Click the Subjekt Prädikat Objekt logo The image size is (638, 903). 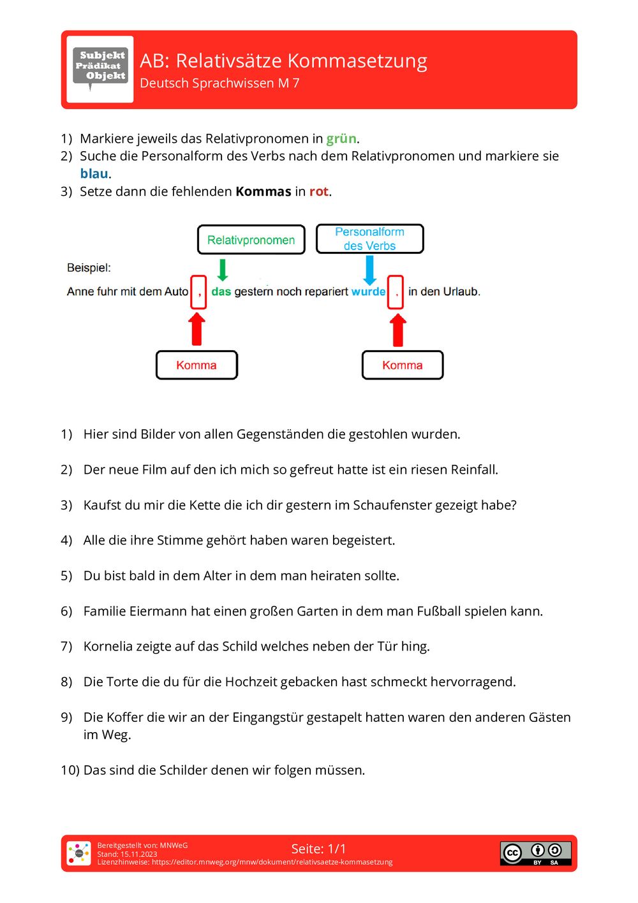[x=100, y=68]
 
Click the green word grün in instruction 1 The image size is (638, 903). [x=341, y=138]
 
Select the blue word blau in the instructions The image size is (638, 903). [x=94, y=173]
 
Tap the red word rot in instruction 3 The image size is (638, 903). [x=319, y=191]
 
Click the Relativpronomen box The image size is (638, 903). [x=251, y=240]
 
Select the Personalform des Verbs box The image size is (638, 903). [x=369, y=239]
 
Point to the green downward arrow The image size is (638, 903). [x=223, y=270]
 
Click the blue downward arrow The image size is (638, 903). [x=369, y=270]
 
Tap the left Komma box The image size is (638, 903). [x=197, y=365]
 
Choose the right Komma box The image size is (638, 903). [x=403, y=365]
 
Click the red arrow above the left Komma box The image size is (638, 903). [x=197, y=330]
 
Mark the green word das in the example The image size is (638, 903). [x=221, y=291]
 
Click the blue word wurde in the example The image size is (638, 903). [x=368, y=291]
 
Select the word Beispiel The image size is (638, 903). [x=89, y=268]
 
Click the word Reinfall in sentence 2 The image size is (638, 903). [x=473, y=470]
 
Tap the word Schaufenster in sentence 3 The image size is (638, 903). [x=392, y=505]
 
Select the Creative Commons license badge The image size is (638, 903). [x=535, y=853]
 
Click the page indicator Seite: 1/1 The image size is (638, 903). [x=318, y=849]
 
